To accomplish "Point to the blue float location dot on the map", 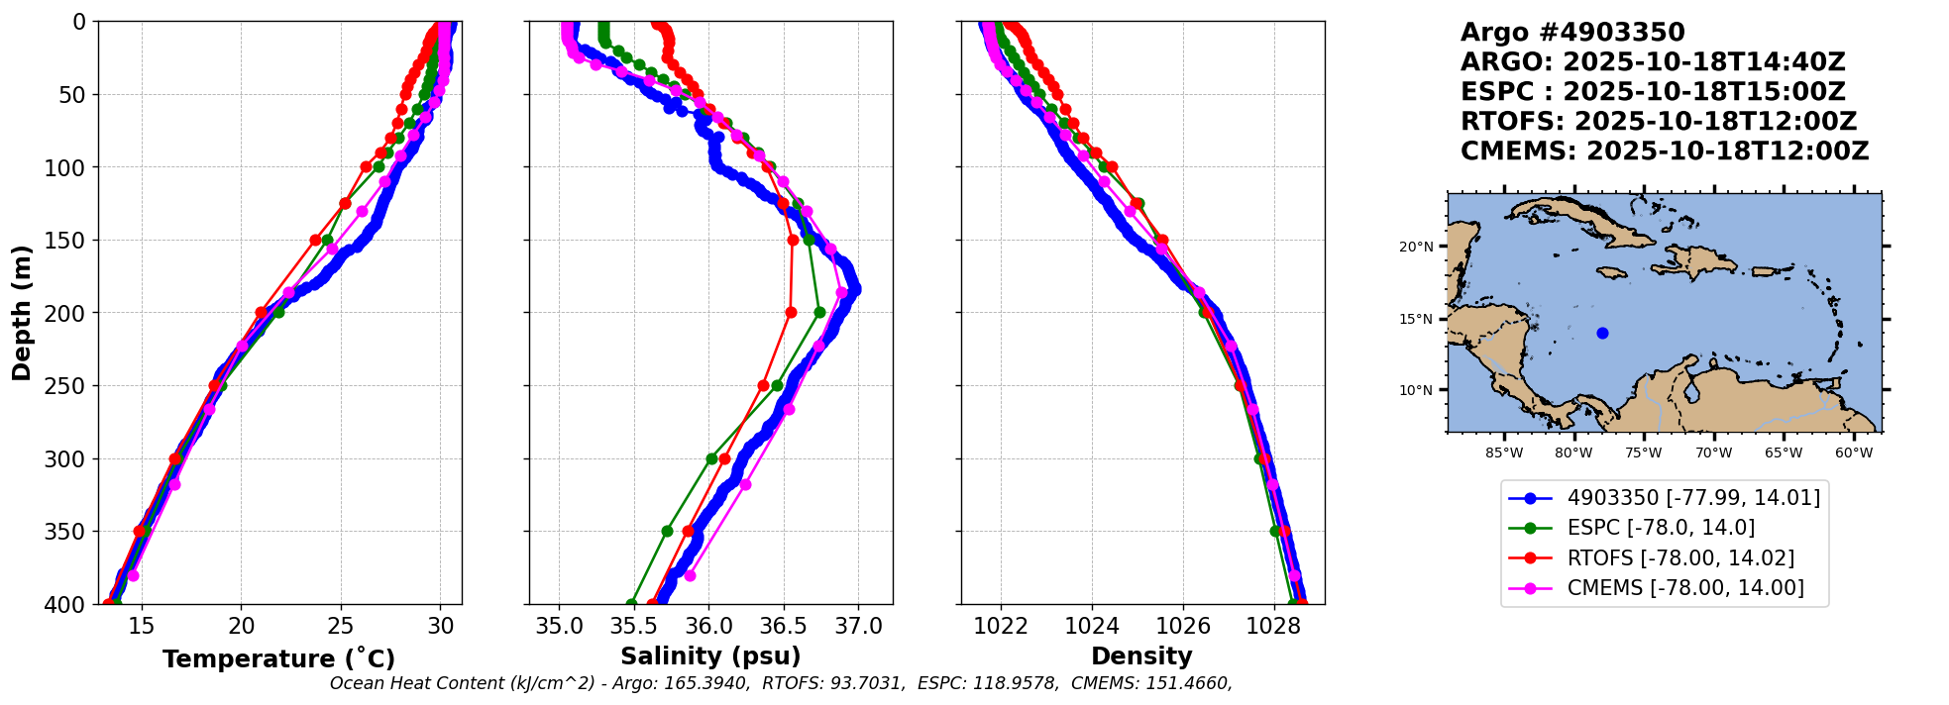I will (1602, 334).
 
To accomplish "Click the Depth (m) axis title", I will (21, 312).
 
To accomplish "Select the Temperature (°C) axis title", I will (278, 658).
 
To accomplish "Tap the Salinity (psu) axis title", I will (709, 656).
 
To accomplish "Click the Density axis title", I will (1140, 656).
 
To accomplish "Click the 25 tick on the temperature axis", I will (341, 626).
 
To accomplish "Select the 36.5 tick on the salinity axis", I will (783, 626).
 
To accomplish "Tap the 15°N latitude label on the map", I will (1416, 319).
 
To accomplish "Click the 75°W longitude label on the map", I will (1643, 453).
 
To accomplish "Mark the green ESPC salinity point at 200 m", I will (819, 312).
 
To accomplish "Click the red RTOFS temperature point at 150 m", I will (315, 240).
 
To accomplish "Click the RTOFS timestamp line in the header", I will (1658, 122).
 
